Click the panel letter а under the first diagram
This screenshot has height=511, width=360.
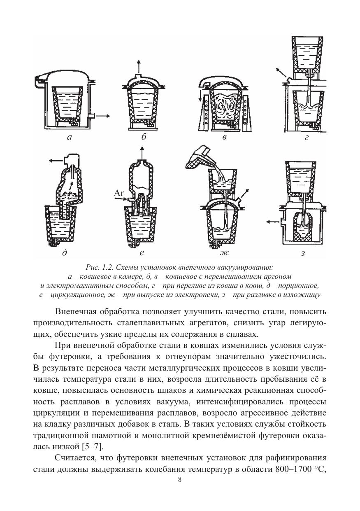point(69,138)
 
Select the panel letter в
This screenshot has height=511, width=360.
point(224,138)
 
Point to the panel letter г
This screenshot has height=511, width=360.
point(307,139)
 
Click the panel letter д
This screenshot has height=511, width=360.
point(64,253)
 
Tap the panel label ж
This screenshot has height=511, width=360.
point(224,253)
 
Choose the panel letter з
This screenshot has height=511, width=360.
point(303,253)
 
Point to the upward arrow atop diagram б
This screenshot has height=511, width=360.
point(139,66)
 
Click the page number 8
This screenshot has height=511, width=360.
point(180,480)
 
